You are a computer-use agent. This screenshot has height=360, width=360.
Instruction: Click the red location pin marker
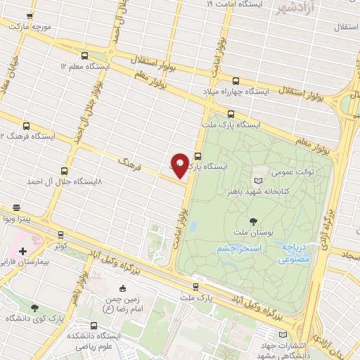180,165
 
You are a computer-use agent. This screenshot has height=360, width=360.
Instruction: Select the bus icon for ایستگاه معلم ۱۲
85,55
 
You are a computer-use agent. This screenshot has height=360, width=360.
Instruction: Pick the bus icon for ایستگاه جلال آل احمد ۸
65,170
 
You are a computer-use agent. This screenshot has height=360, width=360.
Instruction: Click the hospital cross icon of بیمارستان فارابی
22,251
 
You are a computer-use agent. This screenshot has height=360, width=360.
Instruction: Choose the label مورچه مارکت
30,25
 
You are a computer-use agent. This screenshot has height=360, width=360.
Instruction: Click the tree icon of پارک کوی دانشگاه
34,308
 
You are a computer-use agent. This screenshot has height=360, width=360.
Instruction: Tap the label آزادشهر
288,8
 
